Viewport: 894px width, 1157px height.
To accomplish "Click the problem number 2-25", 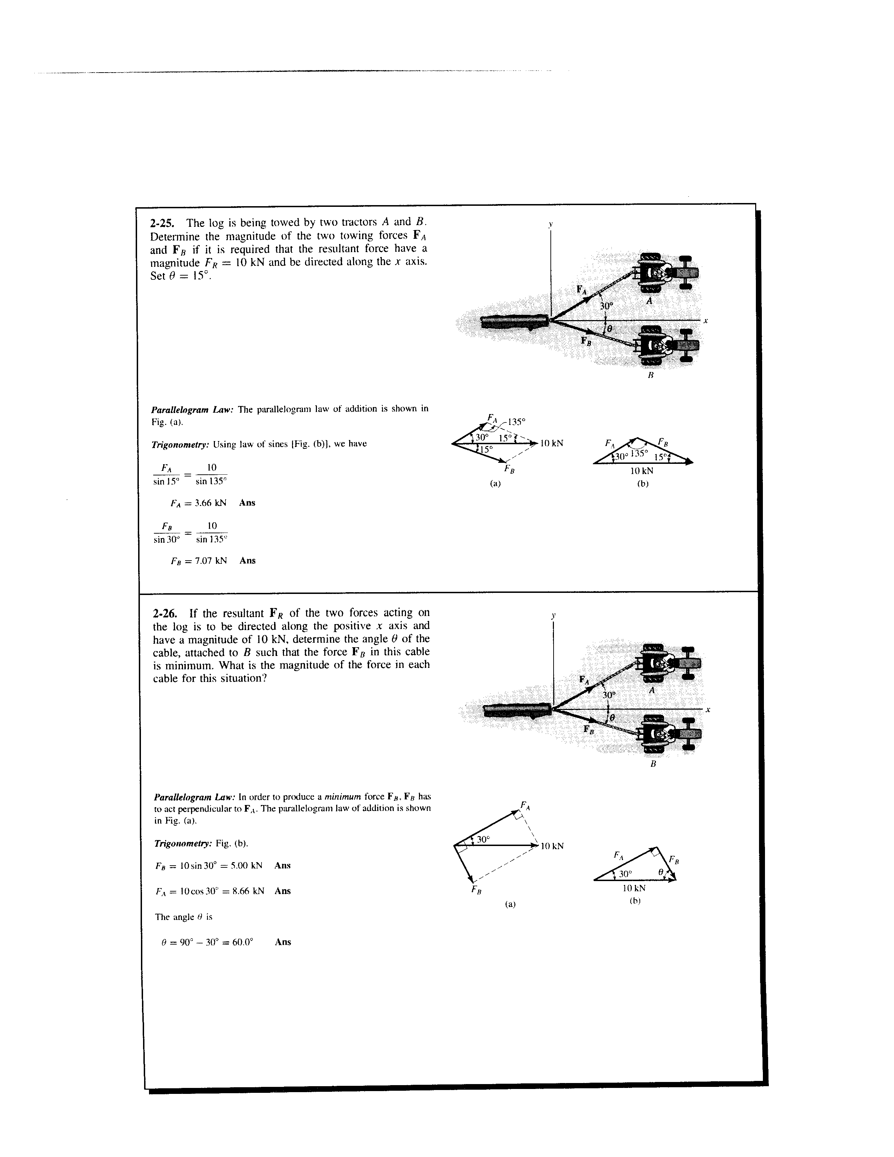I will [x=165, y=223].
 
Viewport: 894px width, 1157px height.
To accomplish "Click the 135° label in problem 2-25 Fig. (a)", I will [x=516, y=422].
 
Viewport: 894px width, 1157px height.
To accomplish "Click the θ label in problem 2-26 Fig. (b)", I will [x=661, y=872].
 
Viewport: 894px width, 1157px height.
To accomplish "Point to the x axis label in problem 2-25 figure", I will [x=706, y=321].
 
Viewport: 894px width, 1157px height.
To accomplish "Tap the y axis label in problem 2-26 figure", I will [x=553, y=616].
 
